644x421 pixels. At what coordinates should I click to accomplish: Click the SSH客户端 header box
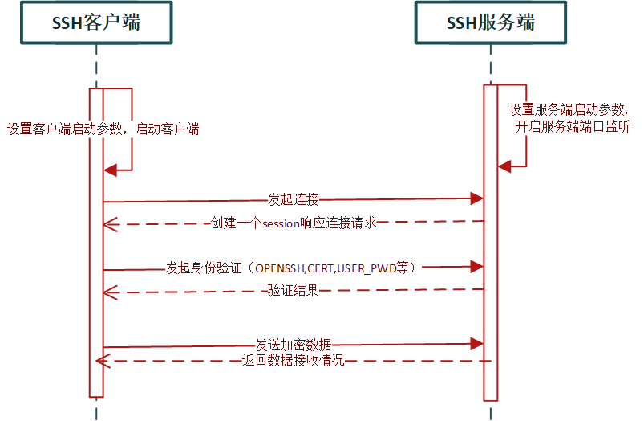click(97, 22)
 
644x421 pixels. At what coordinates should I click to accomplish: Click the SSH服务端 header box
click(491, 22)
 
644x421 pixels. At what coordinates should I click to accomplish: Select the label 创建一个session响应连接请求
click(294, 223)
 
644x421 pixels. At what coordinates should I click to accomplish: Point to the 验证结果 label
click(294, 291)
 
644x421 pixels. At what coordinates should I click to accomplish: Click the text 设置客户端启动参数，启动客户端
click(103, 129)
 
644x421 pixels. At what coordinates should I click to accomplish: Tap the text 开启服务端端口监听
click(573, 125)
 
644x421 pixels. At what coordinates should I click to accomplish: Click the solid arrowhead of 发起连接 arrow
click(476, 198)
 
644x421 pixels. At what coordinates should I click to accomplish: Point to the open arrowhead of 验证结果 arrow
click(111, 292)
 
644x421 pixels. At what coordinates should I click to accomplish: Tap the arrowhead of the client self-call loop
click(111, 170)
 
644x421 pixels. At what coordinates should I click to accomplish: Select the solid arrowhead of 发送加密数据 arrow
click(476, 344)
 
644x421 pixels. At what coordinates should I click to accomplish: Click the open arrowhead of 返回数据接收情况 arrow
click(103, 362)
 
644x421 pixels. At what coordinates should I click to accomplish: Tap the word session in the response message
click(280, 223)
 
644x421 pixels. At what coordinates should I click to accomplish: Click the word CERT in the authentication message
click(322, 268)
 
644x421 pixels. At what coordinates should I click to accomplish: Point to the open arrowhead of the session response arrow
click(111, 223)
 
